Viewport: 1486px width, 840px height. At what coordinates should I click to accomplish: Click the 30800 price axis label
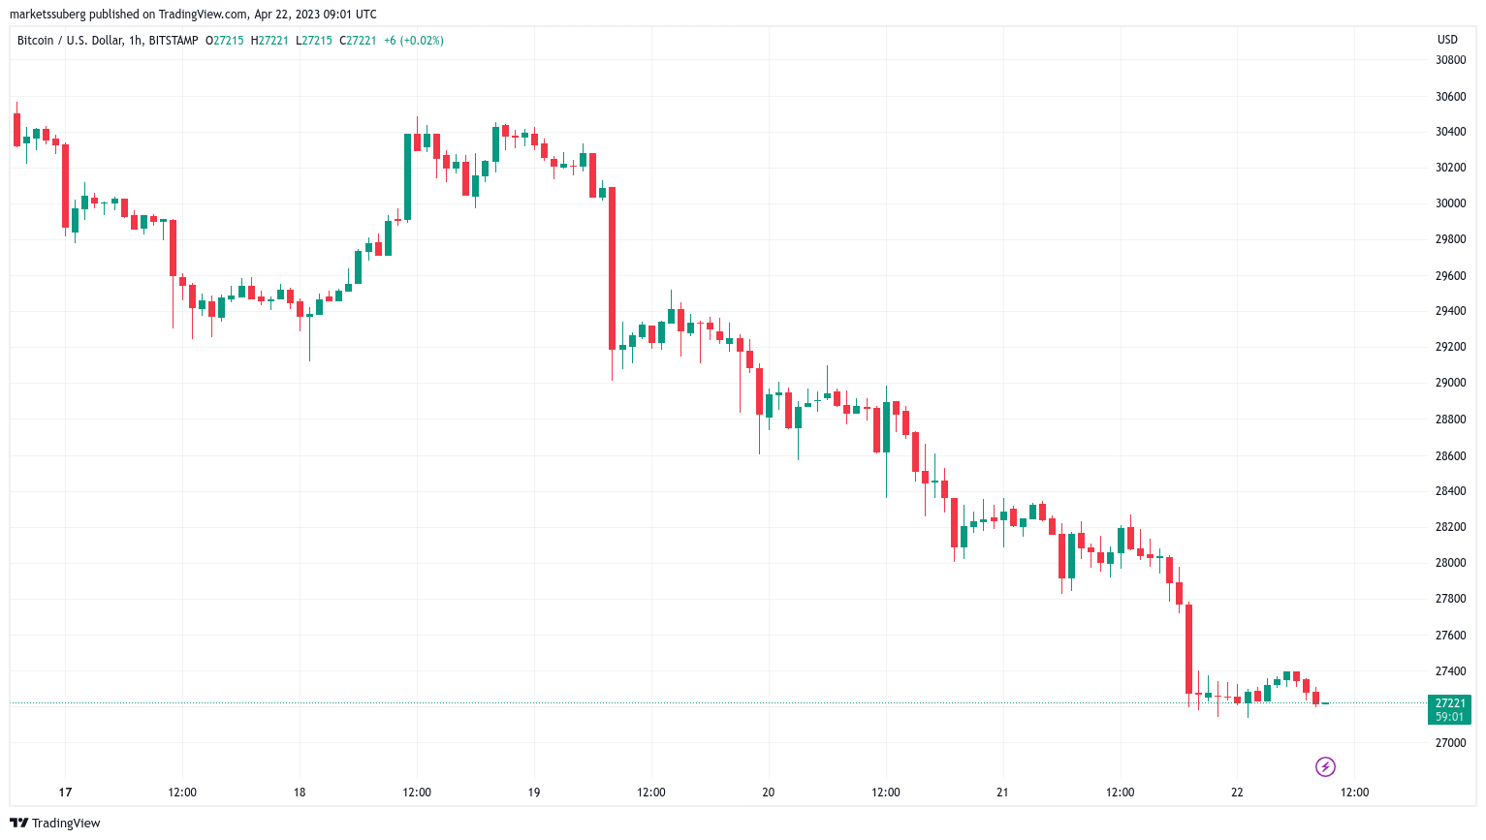coord(1450,60)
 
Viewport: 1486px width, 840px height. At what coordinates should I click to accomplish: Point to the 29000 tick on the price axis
coord(1450,383)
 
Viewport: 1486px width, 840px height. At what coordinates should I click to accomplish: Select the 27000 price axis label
coord(1450,743)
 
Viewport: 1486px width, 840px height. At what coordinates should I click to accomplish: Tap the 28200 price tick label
coord(1450,527)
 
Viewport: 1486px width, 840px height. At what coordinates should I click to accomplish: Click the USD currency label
coord(1446,40)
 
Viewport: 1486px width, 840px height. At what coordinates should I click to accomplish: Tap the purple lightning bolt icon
coord(1325,767)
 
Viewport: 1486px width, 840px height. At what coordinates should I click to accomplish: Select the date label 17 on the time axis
coord(65,793)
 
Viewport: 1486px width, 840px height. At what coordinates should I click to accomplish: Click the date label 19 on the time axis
coord(534,793)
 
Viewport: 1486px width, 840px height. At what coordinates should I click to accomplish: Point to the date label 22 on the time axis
coord(1237,793)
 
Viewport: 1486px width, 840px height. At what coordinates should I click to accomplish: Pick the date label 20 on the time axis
coord(768,793)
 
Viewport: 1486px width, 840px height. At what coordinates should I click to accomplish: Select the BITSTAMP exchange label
coord(174,41)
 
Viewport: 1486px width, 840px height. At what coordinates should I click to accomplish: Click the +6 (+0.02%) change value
coord(413,41)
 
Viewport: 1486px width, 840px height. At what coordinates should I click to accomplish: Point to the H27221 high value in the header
coord(269,41)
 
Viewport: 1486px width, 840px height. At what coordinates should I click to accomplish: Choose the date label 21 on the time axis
coord(1002,793)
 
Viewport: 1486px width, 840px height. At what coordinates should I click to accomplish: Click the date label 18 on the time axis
coord(300,793)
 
